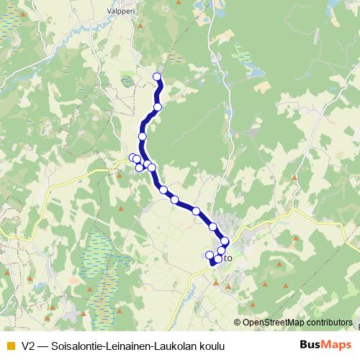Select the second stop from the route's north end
158,107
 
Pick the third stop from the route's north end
143,136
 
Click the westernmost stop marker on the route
133,158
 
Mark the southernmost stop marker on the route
218,258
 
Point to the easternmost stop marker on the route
225,241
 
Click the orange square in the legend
10,346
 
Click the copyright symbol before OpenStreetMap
238,322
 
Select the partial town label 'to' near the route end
228,256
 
